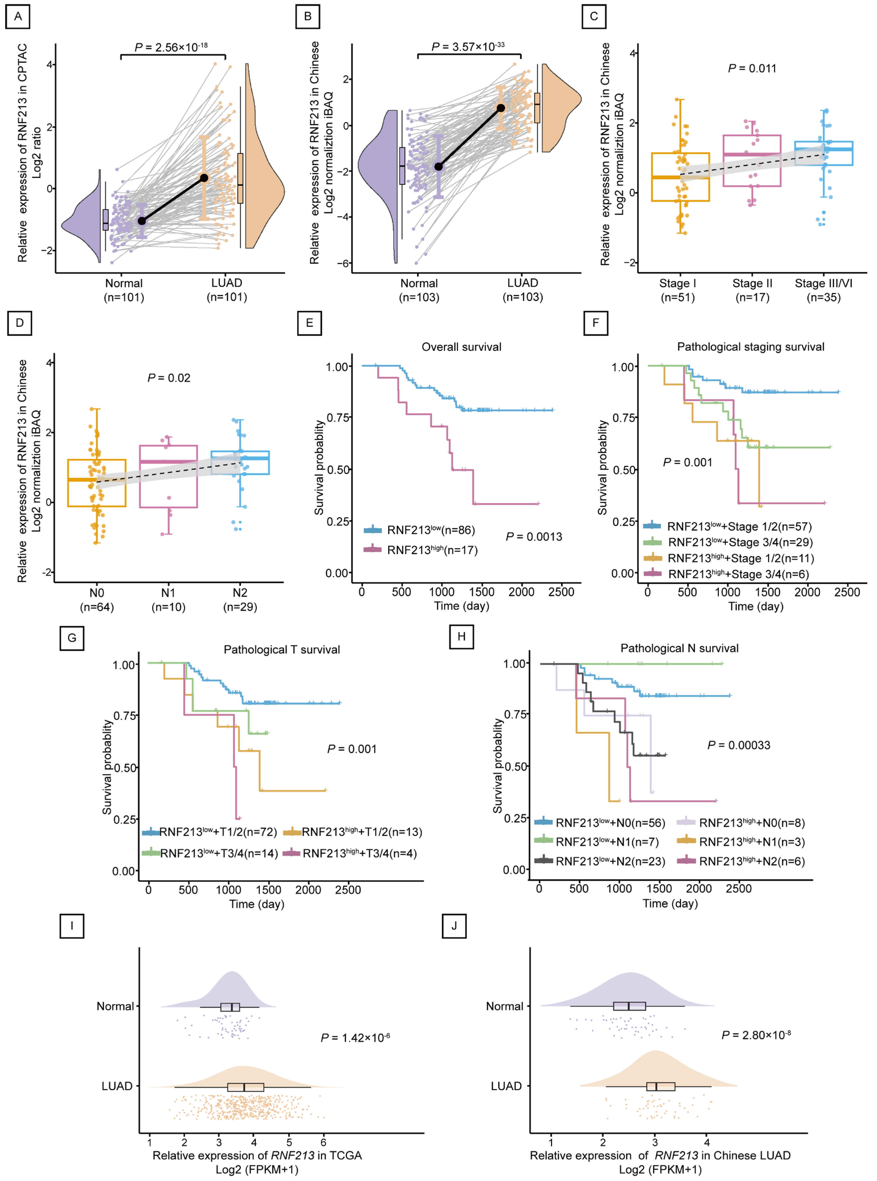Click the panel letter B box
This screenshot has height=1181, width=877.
pos(307,16)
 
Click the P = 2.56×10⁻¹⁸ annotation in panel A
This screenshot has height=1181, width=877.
pos(171,47)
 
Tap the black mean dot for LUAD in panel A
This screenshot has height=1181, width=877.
pos(204,177)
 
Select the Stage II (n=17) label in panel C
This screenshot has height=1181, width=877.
pos(752,290)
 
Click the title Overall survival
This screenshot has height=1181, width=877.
pos(461,347)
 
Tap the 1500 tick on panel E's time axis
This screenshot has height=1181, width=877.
pos(482,592)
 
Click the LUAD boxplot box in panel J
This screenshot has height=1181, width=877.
pos(660,1086)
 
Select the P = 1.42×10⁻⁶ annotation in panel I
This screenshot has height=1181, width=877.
pos(355,1037)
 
